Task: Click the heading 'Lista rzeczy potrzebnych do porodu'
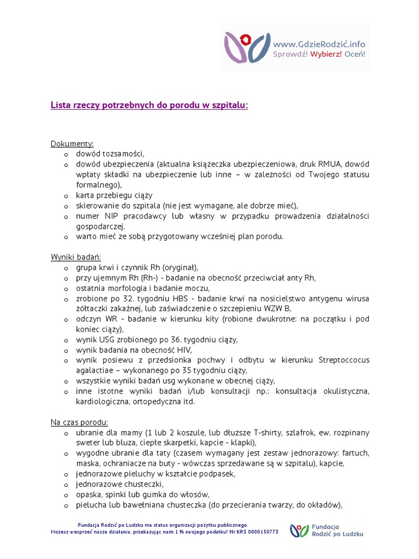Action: pyautogui.click(x=149, y=105)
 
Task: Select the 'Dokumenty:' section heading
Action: pyautogui.click(x=72, y=144)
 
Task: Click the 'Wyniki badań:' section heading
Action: pyautogui.click(x=76, y=257)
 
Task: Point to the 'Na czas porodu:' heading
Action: pyautogui.click(x=80, y=422)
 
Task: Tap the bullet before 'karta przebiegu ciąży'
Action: pyautogui.click(x=65, y=195)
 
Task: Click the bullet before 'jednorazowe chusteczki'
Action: pyautogui.click(x=65, y=484)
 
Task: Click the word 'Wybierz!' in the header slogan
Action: pyautogui.click(x=326, y=55)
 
